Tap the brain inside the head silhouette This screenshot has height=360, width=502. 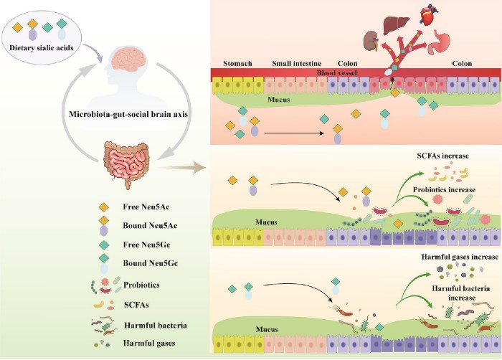[132, 62]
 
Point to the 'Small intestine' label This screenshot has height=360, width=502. [296, 62]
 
